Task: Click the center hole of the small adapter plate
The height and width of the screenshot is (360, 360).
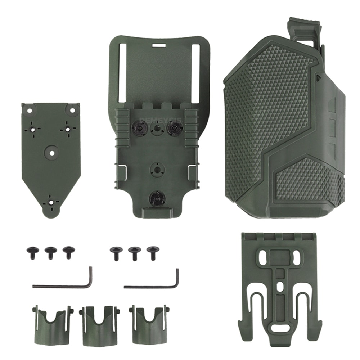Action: pos(52,153)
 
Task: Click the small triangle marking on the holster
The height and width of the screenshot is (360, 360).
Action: pos(319,77)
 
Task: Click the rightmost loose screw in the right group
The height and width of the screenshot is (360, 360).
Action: pos(153,252)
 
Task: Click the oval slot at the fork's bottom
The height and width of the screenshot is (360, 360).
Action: pos(280,328)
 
